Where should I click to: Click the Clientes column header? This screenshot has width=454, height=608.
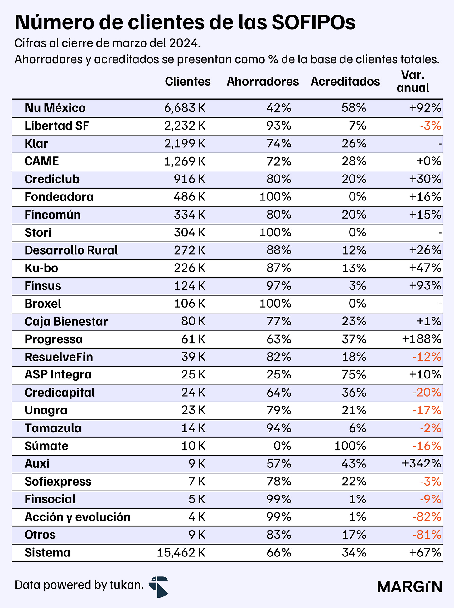tap(188, 82)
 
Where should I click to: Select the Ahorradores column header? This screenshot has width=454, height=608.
tap(263, 82)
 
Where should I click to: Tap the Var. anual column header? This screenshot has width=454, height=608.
tap(413, 82)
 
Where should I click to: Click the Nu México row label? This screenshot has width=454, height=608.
tap(55, 108)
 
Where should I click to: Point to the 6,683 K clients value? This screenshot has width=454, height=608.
tap(185, 108)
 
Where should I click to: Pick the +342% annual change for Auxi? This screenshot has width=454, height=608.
tap(422, 464)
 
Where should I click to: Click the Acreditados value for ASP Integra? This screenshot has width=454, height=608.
tap(354, 375)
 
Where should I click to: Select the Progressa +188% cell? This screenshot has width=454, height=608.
tap(422, 339)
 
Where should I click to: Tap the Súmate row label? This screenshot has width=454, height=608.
tap(46, 446)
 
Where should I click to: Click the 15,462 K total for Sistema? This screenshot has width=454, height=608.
tap(181, 553)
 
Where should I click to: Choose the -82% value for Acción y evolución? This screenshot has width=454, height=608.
tap(427, 517)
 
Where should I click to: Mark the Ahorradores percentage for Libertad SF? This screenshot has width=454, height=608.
tap(279, 126)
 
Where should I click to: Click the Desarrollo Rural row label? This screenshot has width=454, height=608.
tap(71, 250)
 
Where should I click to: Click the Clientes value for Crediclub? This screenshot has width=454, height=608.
tap(190, 179)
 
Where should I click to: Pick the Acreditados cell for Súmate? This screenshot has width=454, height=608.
tap(350, 446)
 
